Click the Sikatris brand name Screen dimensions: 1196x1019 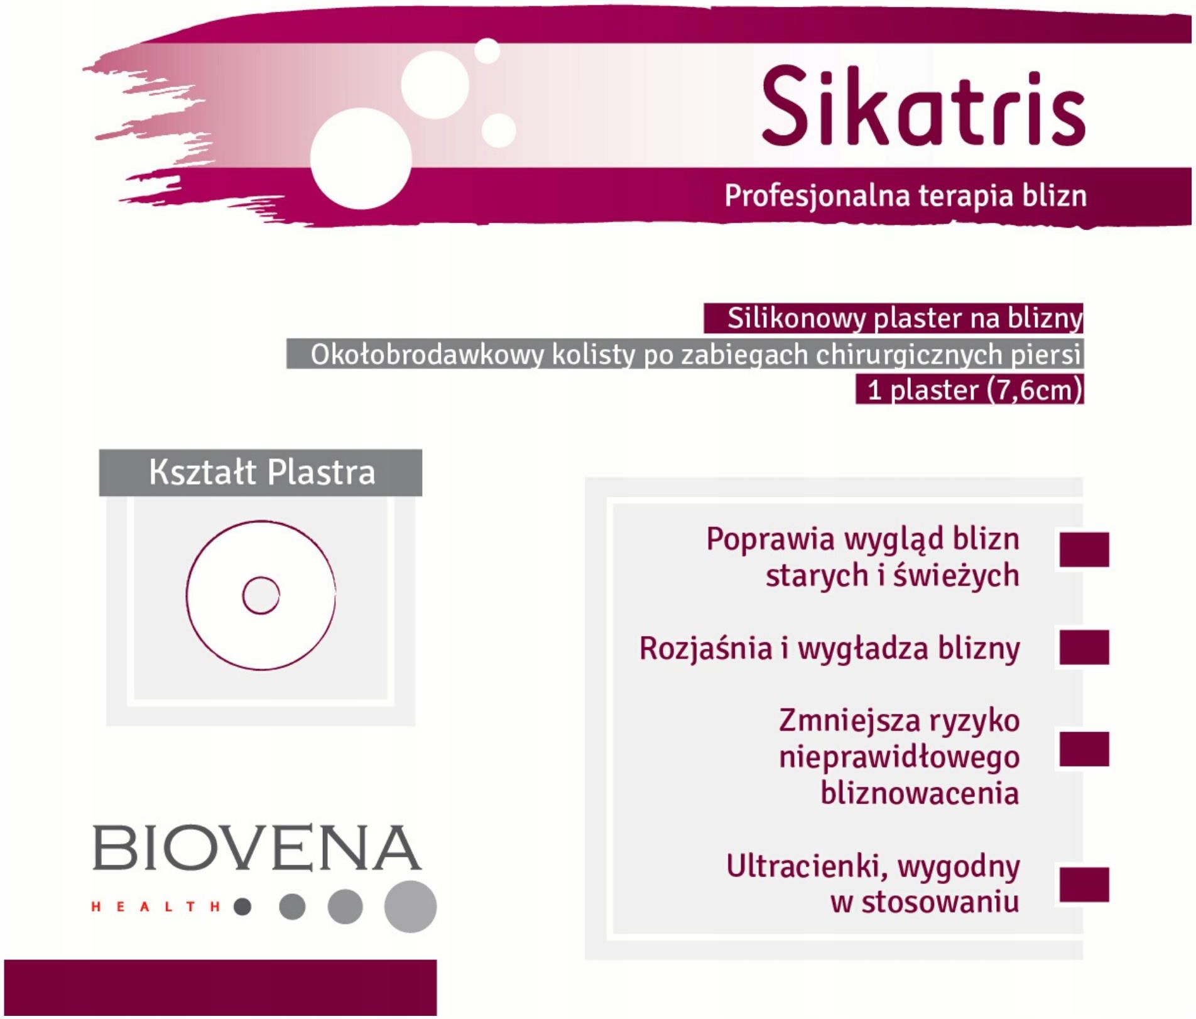[923, 106]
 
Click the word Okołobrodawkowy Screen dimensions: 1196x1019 [427, 355]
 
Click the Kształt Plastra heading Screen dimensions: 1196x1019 [262, 472]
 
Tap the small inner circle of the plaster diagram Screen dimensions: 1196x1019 [261, 595]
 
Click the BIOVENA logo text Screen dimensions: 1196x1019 [257, 848]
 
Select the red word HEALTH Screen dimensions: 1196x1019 [156, 907]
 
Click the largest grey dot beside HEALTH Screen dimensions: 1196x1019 [410, 907]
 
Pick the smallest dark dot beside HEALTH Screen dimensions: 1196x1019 [242, 907]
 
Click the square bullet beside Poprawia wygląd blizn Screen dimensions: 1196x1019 [1084, 549]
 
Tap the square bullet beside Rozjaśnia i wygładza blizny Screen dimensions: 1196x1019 [1084, 647]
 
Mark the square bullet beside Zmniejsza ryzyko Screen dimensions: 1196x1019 [1084, 749]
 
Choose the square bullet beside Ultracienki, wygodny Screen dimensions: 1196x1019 [1084, 885]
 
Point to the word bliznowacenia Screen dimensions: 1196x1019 [920, 793]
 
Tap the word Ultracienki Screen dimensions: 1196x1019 [808, 866]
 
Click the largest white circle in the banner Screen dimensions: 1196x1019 [361, 158]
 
